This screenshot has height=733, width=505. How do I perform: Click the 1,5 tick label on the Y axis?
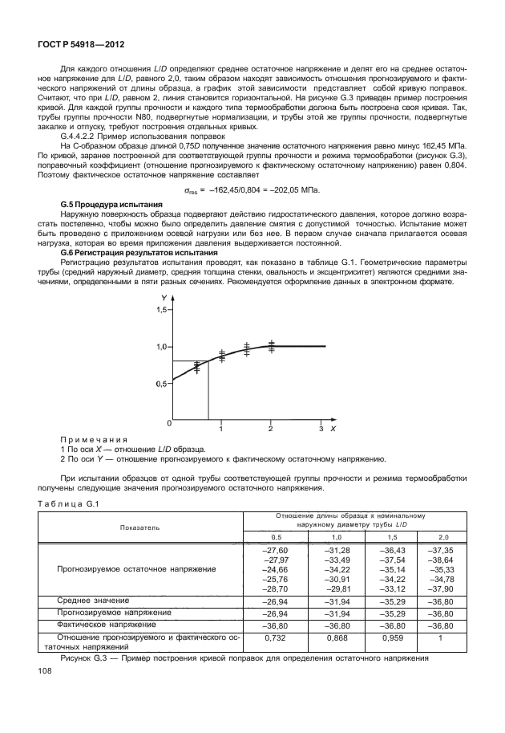(163, 309)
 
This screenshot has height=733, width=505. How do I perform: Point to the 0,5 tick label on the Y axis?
(163, 384)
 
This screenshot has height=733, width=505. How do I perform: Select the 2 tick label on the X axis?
(270, 430)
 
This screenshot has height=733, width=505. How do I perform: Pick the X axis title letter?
(333, 430)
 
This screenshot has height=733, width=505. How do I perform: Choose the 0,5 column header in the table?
(276, 535)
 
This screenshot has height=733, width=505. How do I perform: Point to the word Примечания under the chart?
(94, 439)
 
